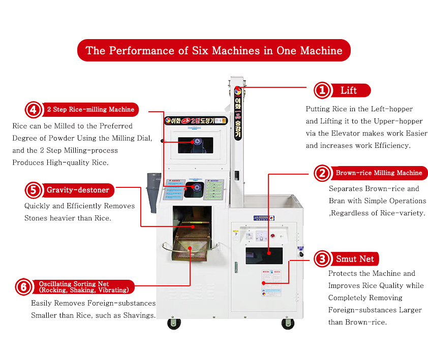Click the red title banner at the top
tap(213, 50)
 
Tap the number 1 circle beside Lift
tap(322, 90)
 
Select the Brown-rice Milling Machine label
tap(379, 173)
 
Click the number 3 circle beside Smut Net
tap(322, 259)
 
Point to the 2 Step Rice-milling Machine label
tap(90, 109)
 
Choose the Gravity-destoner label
tap(78, 190)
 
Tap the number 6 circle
tap(23, 287)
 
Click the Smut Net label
tap(355, 259)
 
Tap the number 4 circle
tap(33, 109)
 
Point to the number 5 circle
tap(33, 190)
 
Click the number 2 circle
tap(322, 173)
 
